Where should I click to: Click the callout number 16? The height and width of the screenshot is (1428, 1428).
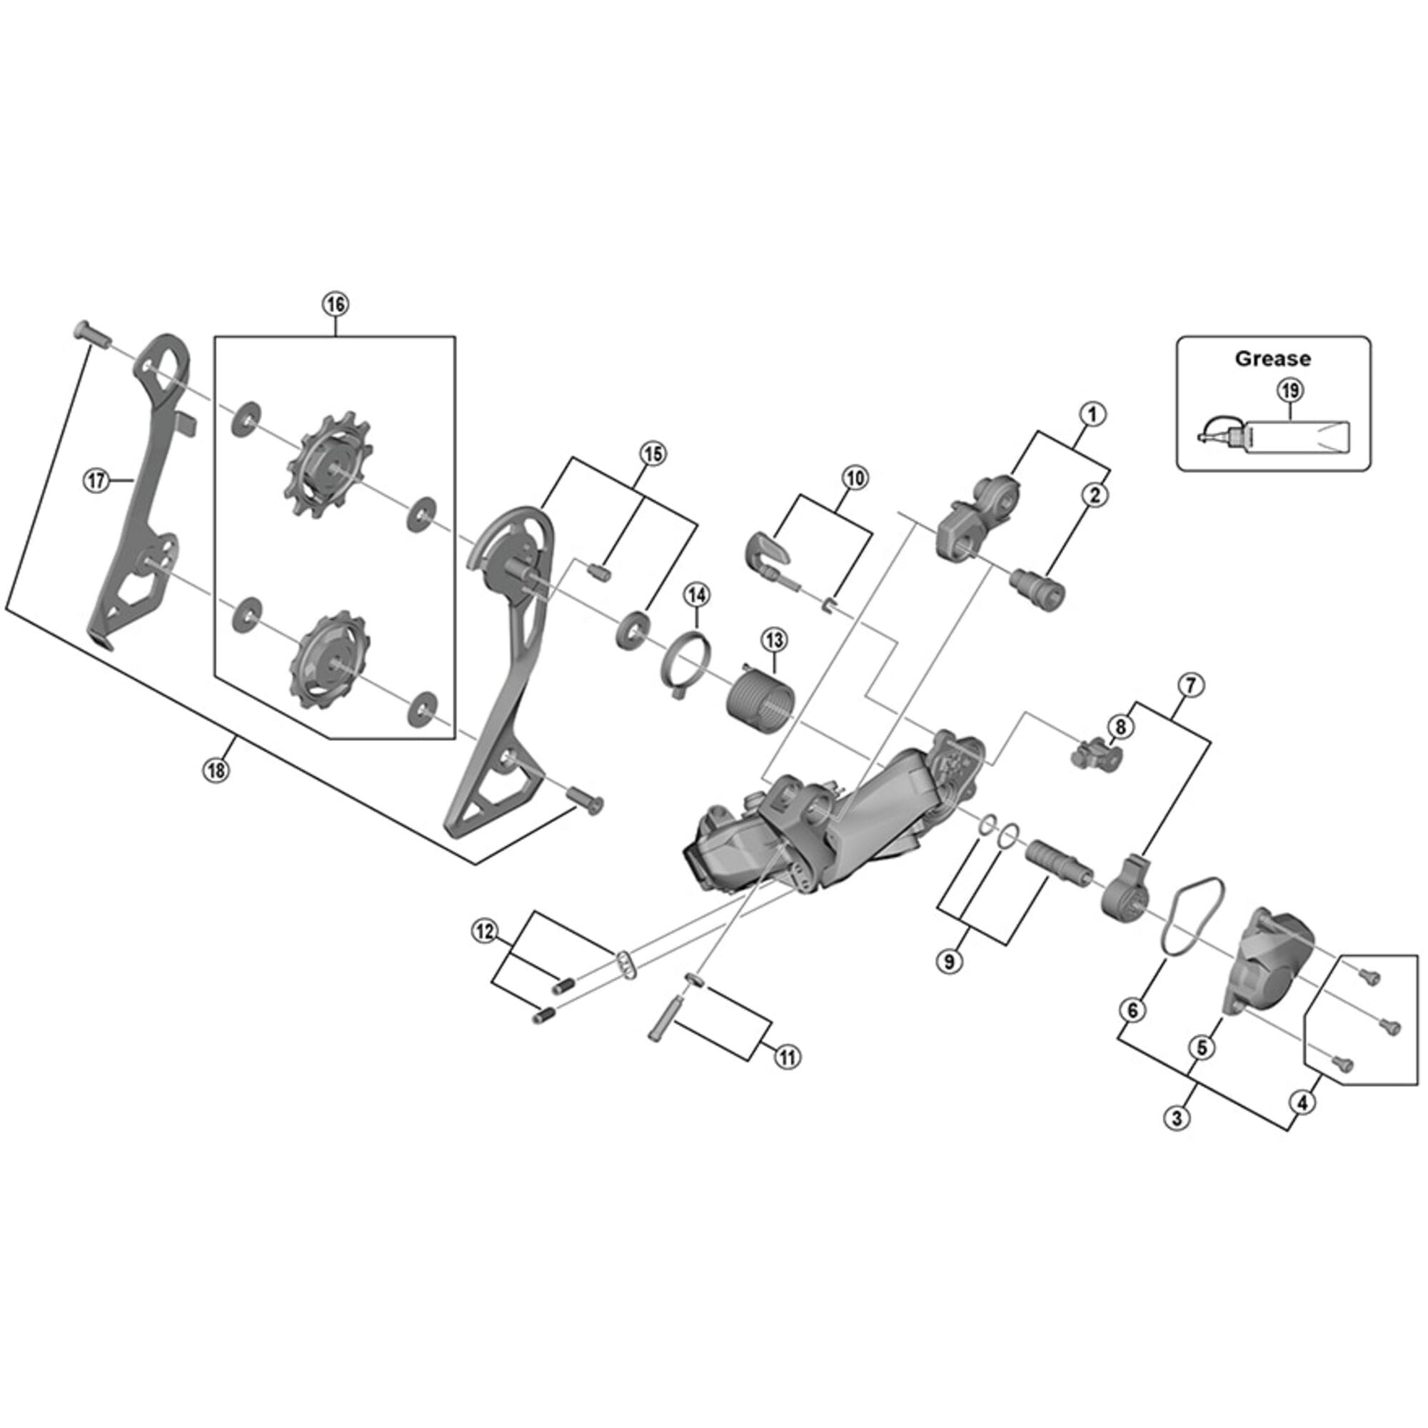(335, 305)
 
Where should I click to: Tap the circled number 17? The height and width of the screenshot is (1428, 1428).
(95, 481)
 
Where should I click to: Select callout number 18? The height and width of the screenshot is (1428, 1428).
(215, 771)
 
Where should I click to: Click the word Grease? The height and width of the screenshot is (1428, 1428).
(1273, 359)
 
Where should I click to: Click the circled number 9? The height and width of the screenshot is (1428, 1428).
(949, 962)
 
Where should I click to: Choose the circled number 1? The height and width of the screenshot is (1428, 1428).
(1093, 414)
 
